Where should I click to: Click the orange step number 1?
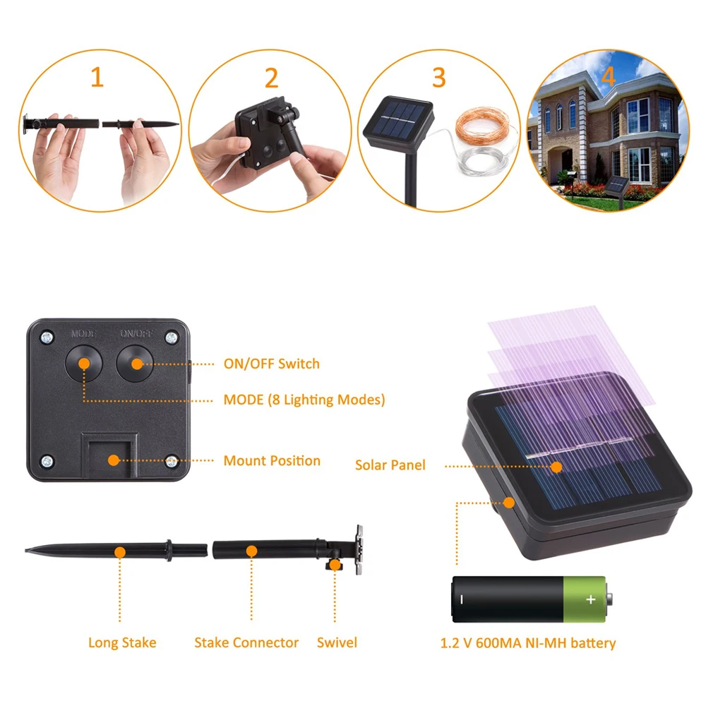pos(97,77)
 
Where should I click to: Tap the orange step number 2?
pos(271,78)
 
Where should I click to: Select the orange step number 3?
pos(438,77)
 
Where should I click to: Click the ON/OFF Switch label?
pos(271,364)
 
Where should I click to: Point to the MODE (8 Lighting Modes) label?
pos(304,400)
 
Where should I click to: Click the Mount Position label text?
pos(272,461)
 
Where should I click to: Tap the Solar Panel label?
pos(390,465)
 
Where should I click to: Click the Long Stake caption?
pos(122,642)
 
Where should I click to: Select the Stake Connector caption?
pos(246,642)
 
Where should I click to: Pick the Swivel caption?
pos(337,642)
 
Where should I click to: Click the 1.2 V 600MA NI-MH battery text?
pos(528,642)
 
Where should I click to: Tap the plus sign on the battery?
pos(591,599)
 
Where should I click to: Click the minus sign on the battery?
pos(462,599)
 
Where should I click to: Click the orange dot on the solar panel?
pos(556,466)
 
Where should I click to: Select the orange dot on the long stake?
pos(121,551)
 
